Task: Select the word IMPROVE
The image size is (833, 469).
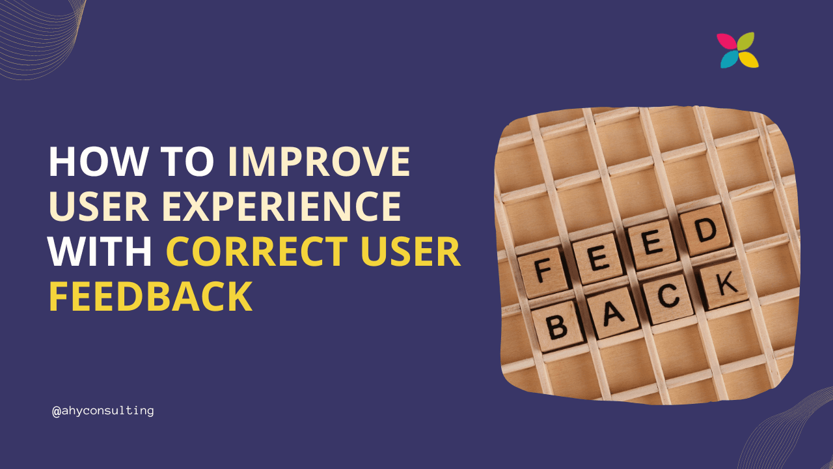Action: pyautogui.click(x=319, y=162)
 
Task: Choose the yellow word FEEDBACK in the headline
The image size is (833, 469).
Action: pyautogui.click(x=150, y=296)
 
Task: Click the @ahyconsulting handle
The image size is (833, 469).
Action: pyautogui.click(x=103, y=411)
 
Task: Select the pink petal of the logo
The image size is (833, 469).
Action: pyautogui.click(x=726, y=42)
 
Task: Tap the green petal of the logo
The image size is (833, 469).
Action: pyautogui.click(x=746, y=41)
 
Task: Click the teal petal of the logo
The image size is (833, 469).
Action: pyautogui.click(x=729, y=60)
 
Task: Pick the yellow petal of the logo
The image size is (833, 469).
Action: pyautogui.click(x=748, y=59)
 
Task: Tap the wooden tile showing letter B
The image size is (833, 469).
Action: pyautogui.click(x=557, y=325)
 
